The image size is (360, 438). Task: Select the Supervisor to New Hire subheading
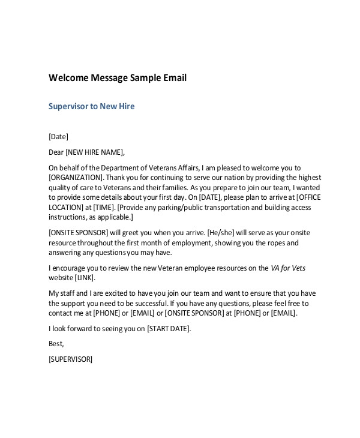tap(91, 106)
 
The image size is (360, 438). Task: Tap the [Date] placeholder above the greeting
tap(58, 136)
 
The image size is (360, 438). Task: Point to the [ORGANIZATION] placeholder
tap(76, 177)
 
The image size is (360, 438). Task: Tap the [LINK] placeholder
tap(85, 278)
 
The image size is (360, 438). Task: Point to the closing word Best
tap(56, 344)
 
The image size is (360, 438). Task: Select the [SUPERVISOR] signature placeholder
tap(70, 359)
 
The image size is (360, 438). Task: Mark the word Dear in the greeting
tap(55, 152)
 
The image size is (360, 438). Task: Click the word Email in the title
tap(175, 78)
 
